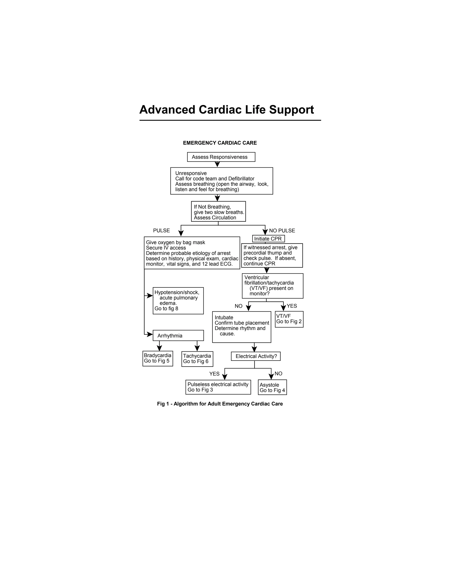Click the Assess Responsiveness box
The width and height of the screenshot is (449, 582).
221,157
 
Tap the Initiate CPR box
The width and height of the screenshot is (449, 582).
268,239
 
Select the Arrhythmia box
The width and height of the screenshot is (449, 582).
178,336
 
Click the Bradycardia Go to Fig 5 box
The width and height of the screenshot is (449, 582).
157,358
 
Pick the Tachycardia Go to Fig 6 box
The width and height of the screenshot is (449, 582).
197,359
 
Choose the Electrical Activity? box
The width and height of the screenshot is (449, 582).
256,356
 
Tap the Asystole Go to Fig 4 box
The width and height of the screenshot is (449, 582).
272,387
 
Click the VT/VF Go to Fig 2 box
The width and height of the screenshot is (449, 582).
289,319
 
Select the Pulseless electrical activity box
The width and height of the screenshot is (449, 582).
218,387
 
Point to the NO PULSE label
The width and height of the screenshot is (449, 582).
282,231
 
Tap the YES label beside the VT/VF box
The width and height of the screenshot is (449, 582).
292,306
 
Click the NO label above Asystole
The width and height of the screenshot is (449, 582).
278,374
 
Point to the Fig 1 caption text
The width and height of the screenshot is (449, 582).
220,404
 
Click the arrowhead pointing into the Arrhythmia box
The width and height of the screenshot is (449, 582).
150,334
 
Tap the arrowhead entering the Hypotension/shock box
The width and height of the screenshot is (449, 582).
150,296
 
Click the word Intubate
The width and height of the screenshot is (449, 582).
224,318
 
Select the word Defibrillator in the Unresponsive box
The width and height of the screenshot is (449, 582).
241,179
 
